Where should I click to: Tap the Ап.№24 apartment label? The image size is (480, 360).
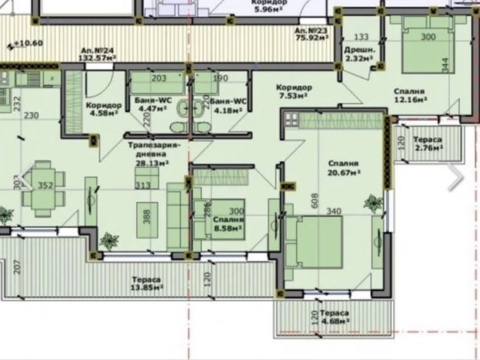96,54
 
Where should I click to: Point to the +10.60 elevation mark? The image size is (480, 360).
28,44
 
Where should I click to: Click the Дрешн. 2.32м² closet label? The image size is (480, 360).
361,54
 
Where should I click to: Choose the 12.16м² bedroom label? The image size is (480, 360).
409,96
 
